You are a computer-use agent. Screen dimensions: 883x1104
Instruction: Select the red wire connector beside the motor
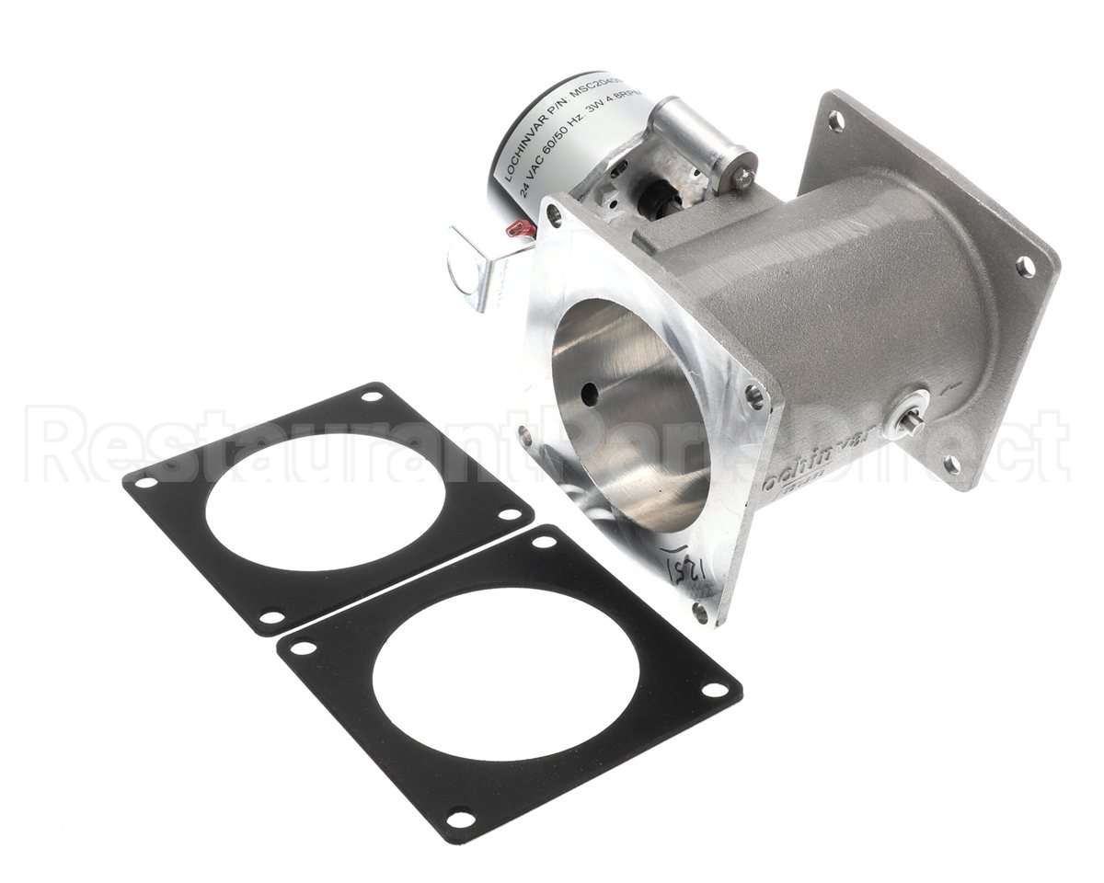[x=518, y=229]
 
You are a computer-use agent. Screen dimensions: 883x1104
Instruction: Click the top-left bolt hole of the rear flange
[x=835, y=120]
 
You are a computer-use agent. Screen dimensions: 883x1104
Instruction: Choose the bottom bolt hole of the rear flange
[x=951, y=464]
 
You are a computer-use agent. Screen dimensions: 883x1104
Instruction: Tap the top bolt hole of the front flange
[x=553, y=216]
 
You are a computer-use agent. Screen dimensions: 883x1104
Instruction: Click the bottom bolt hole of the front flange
[x=703, y=610]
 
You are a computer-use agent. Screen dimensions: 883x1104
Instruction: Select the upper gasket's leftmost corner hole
[x=145, y=482]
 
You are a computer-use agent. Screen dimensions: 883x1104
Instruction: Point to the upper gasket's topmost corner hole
[x=371, y=397]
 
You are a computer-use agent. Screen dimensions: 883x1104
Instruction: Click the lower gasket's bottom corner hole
[x=457, y=814]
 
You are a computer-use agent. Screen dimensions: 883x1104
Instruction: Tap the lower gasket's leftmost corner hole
[x=298, y=648]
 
